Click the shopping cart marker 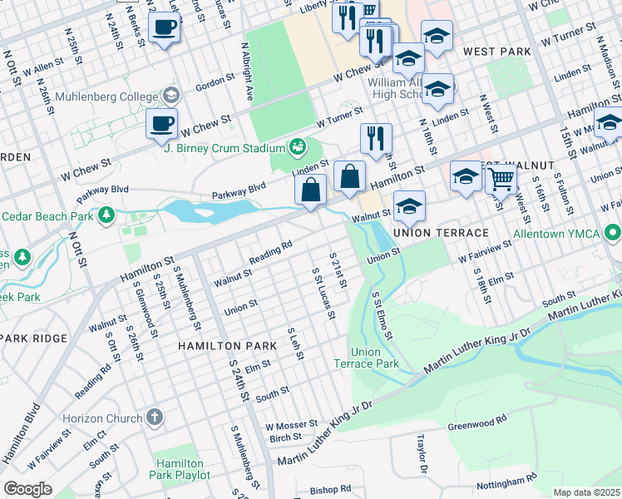pyautogui.click(x=501, y=177)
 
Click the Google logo pyautogui.click(x=27, y=489)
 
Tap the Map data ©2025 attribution pyautogui.click(x=587, y=492)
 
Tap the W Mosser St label pyautogui.click(x=291, y=425)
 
